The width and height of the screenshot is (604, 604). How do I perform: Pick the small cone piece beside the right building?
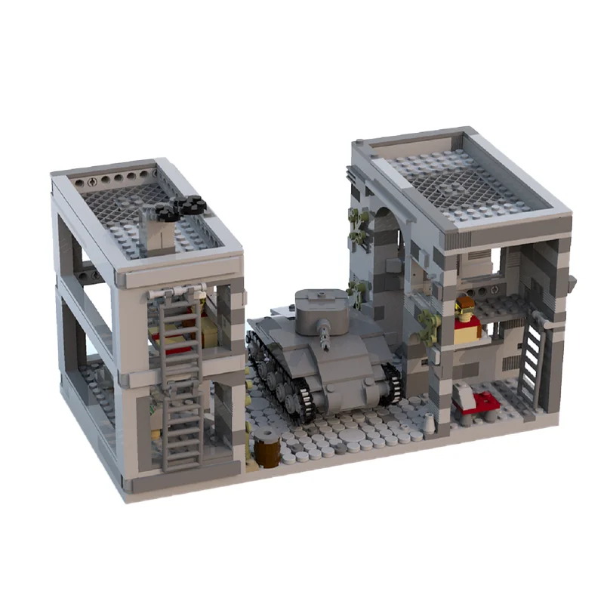pos(430,425)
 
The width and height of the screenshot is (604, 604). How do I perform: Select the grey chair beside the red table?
pos(461,392)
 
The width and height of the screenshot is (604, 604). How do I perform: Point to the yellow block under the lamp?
pos(467,330)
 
